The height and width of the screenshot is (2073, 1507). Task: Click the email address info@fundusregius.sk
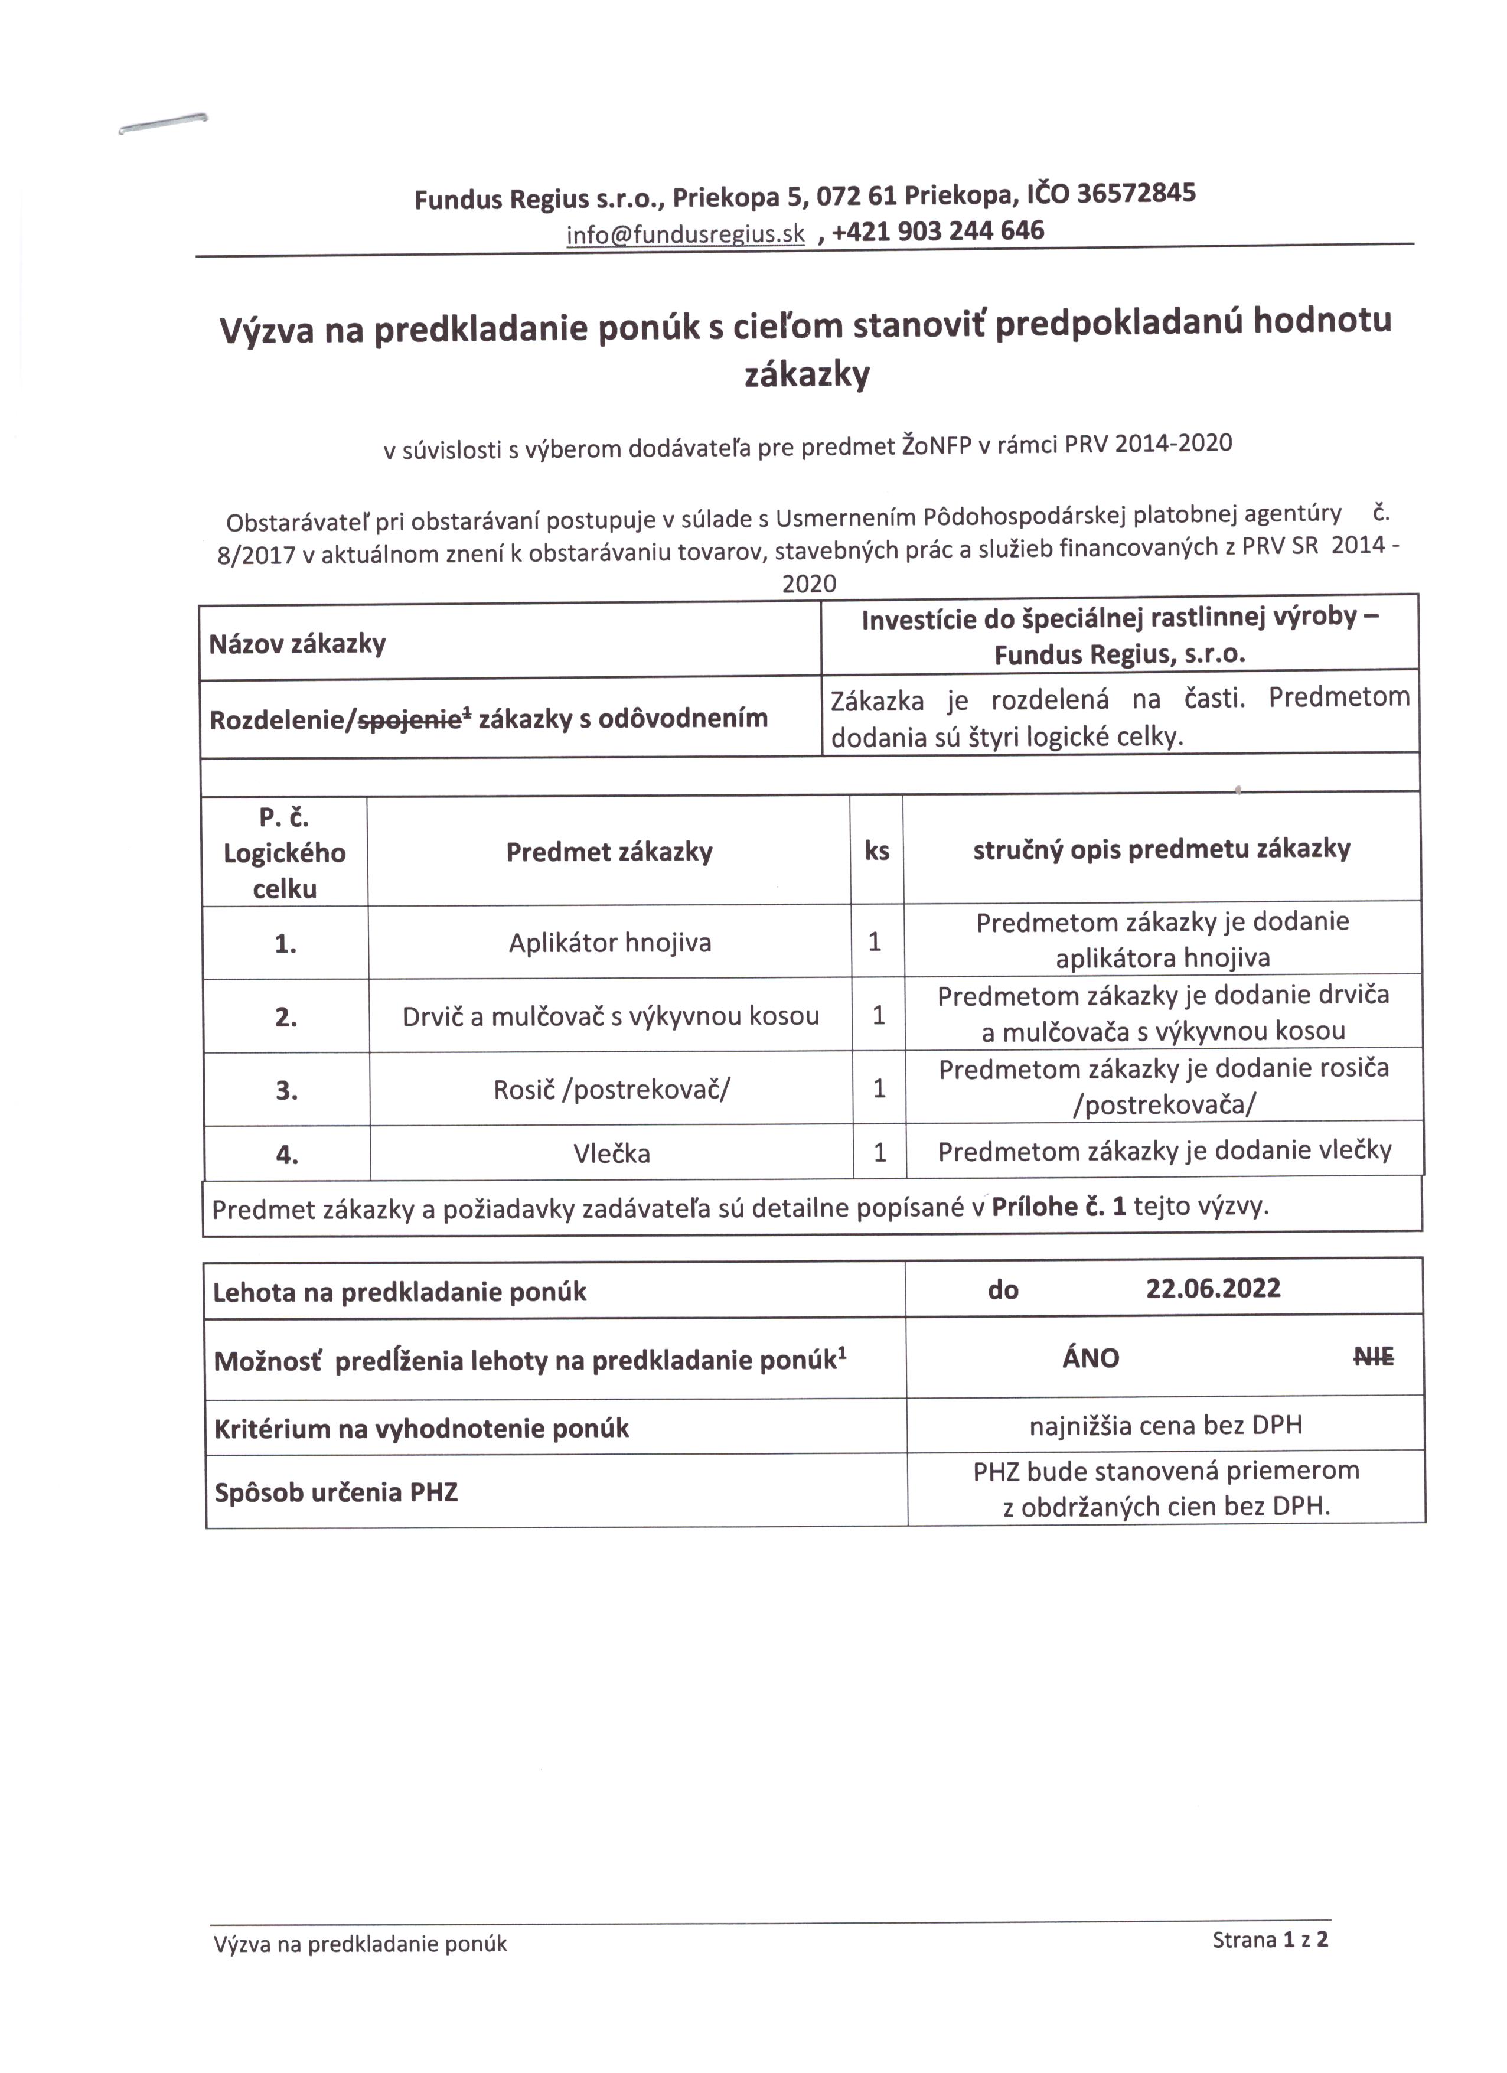coord(686,235)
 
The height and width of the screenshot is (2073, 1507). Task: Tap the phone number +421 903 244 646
coord(937,232)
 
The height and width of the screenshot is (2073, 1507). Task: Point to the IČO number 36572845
coord(1136,193)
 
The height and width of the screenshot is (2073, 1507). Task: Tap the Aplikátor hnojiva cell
coord(609,943)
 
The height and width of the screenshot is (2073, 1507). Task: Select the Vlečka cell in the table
coord(611,1153)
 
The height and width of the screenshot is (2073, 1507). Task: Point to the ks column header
coord(876,851)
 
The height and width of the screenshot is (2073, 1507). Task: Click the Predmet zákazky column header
coord(609,852)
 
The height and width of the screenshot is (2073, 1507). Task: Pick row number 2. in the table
coord(286,1017)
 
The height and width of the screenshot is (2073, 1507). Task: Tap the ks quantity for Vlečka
coord(879,1153)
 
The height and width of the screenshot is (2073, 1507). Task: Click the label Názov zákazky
coord(298,644)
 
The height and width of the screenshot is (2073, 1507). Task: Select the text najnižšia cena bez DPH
coord(1165,1426)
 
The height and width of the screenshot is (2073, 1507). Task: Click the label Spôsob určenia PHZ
coord(335,1492)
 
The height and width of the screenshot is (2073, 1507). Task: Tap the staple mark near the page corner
coord(162,123)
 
